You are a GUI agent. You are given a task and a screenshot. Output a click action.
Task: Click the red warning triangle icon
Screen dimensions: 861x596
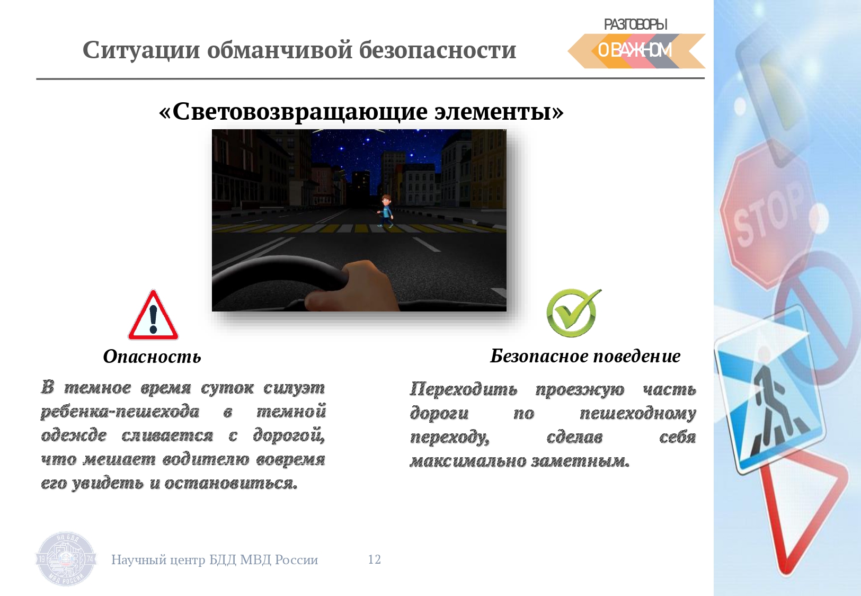[x=153, y=316]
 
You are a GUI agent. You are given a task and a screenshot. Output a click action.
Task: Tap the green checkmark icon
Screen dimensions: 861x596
[x=573, y=313]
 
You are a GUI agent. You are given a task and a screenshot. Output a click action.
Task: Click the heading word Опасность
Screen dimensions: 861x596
[x=152, y=357]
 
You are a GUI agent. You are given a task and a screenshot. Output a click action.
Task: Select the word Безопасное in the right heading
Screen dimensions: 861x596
[x=539, y=356]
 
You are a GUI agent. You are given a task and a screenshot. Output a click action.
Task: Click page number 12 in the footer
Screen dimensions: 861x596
[x=374, y=559]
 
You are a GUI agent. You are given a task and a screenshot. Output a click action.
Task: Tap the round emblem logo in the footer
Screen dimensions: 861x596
[x=66, y=559]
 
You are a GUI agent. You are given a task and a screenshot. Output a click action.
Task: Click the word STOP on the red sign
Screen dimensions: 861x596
[x=769, y=215]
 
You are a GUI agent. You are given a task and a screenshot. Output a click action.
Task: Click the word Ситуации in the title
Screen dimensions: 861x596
[x=141, y=50]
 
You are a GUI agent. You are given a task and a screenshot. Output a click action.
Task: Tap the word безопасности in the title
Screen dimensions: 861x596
[x=438, y=50]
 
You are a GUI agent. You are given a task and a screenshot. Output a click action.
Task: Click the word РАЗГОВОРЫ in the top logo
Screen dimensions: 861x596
[x=635, y=24]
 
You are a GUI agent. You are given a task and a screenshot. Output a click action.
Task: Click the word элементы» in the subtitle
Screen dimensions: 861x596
[x=499, y=112]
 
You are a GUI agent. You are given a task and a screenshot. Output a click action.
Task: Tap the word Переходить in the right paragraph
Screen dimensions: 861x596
[x=463, y=389]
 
